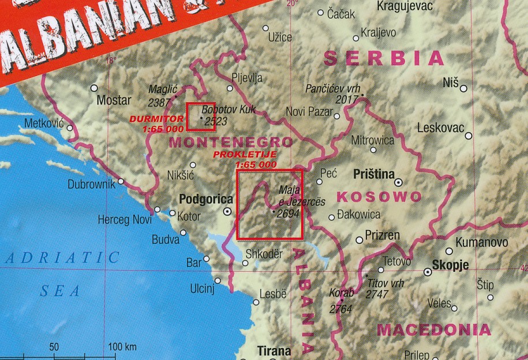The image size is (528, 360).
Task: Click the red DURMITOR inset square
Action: (x=201, y=117)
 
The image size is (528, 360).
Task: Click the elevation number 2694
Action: (x=288, y=213)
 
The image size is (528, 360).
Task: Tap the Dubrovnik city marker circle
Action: (x=121, y=181)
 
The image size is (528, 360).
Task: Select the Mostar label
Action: (x=114, y=100)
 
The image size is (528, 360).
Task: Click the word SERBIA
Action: (x=384, y=58)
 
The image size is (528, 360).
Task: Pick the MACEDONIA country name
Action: (x=433, y=330)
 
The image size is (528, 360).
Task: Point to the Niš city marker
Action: (x=463, y=88)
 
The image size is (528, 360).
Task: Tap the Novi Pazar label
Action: (x=309, y=111)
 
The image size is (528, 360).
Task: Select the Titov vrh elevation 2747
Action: (x=377, y=294)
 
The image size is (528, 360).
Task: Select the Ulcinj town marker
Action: (x=218, y=281)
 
